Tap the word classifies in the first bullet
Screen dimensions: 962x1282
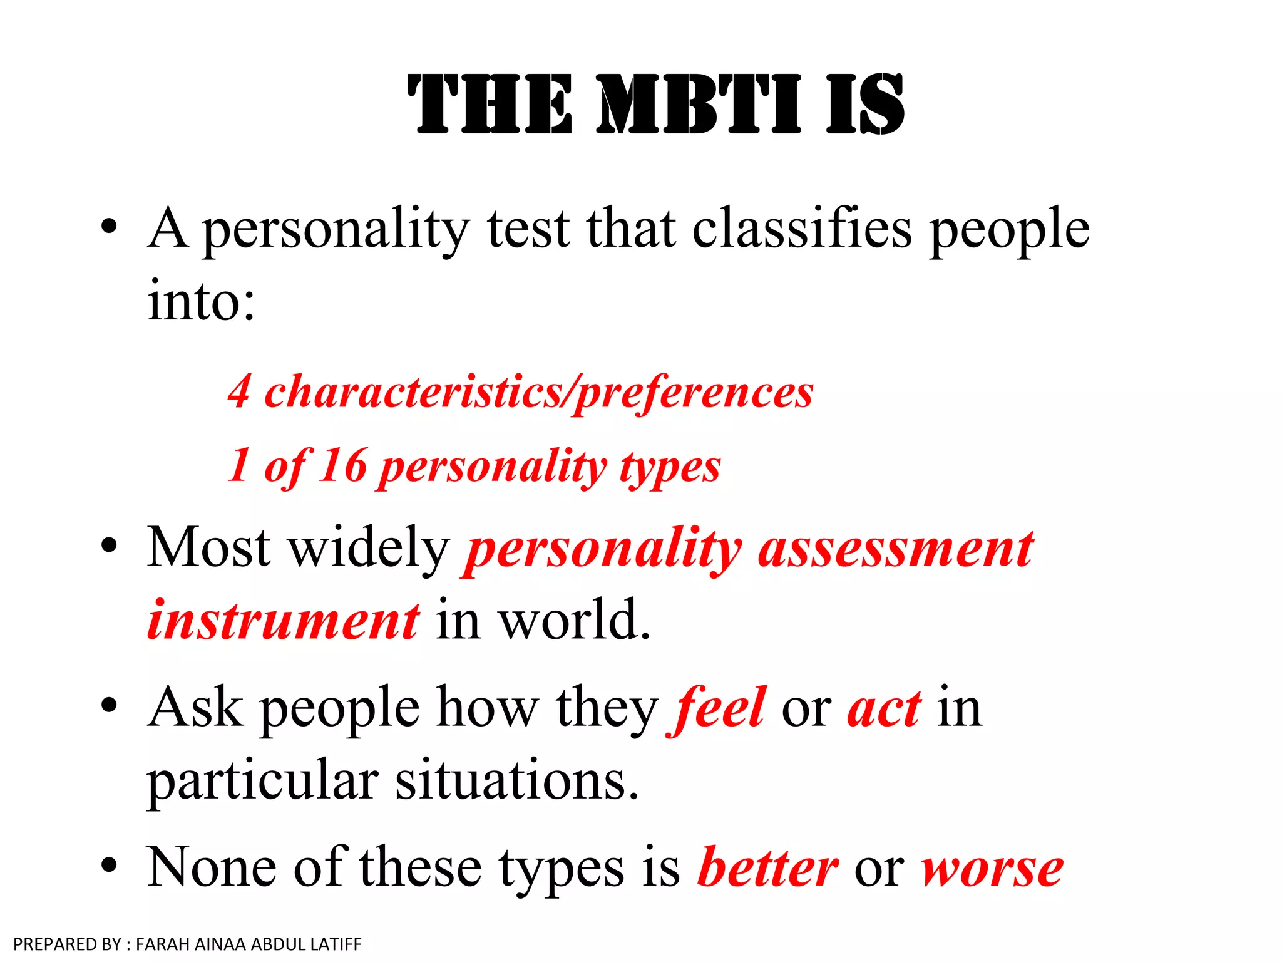click(802, 228)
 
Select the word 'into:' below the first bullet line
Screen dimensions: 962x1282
click(201, 301)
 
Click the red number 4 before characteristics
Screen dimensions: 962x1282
click(239, 391)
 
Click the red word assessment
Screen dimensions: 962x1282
click(895, 549)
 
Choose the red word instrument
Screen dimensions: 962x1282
click(283, 621)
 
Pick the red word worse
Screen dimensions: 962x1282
click(992, 868)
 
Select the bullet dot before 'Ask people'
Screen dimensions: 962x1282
click(109, 705)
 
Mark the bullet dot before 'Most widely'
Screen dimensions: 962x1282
click(109, 546)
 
